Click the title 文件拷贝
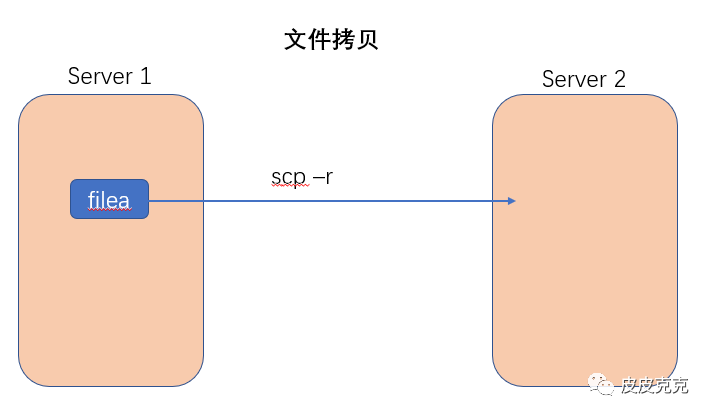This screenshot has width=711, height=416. click(x=331, y=40)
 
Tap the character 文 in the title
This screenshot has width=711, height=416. click(x=296, y=40)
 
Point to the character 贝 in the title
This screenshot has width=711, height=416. click(x=367, y=40)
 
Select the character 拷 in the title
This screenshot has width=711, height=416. click(x=343, y=40)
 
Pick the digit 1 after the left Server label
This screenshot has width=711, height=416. click(x=146, y=75)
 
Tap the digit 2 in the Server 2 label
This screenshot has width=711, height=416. click(x=620, y=79)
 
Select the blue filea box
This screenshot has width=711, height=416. click(x=109, y=199)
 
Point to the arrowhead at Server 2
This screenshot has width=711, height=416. click(x=510, y=201)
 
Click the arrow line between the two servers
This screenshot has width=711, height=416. click(x=330, y=201)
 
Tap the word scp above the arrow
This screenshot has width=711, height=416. click(x=288, y=177)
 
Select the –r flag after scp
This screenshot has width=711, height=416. click(x=321, y=177)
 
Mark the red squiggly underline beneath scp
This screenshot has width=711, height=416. click(x=288, y=188)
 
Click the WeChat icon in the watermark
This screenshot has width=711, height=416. click(x=602, y=383)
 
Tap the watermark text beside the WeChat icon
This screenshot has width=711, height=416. click(x=655, y=384)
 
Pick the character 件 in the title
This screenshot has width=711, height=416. click(x=319, y=40)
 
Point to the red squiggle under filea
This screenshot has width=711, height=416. click(x=109, y=210)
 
